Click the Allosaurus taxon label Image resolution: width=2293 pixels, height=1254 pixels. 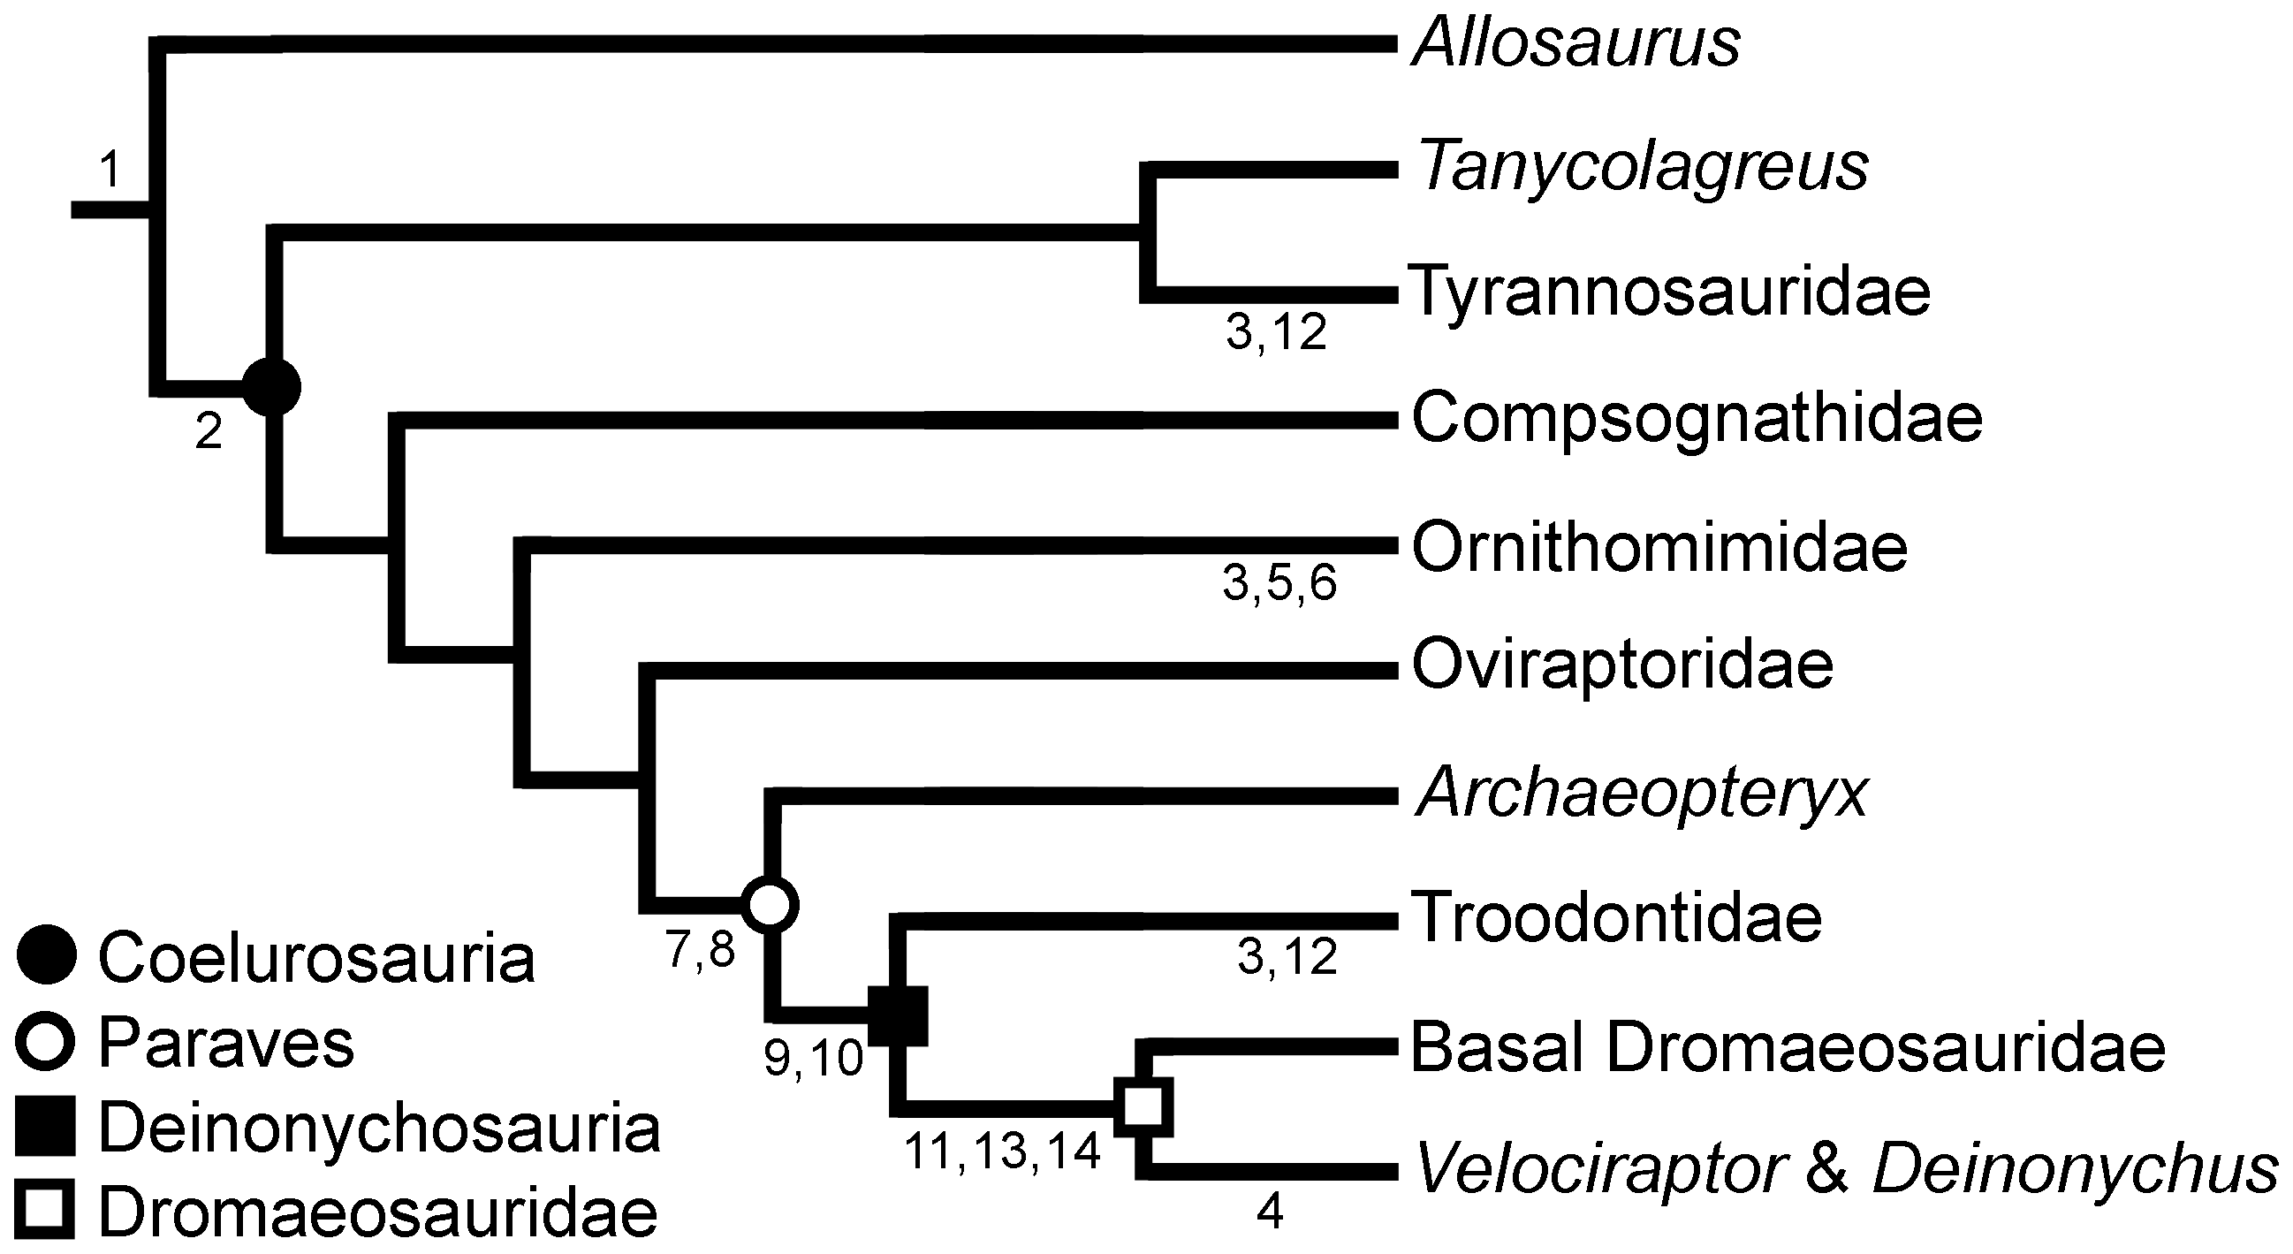tap(1575, 42)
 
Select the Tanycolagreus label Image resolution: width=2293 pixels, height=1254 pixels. tap(1642, 167)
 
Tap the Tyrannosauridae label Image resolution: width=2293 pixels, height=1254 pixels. tap(1671, 291)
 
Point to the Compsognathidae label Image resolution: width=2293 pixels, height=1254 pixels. tap(1697, 418)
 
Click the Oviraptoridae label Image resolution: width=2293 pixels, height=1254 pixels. tap(1622, 665)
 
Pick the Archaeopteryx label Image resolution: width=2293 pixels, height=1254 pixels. tap(1642, 794)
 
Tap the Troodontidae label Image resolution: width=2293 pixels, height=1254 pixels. tap(1616, 917)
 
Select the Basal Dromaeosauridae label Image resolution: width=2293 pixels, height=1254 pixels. tap(1788, 1048)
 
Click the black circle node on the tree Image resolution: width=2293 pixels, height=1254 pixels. tap(272, 387)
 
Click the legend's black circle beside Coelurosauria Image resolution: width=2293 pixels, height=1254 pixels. tap(46, 955)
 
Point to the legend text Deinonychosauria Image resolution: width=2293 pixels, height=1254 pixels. tap(379, 1129)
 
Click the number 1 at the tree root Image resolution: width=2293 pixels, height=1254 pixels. tap(110, 169)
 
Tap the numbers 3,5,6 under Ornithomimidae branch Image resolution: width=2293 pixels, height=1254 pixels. tap(1279, 584)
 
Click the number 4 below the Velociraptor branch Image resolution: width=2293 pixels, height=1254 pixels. tap(1269, 1212)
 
